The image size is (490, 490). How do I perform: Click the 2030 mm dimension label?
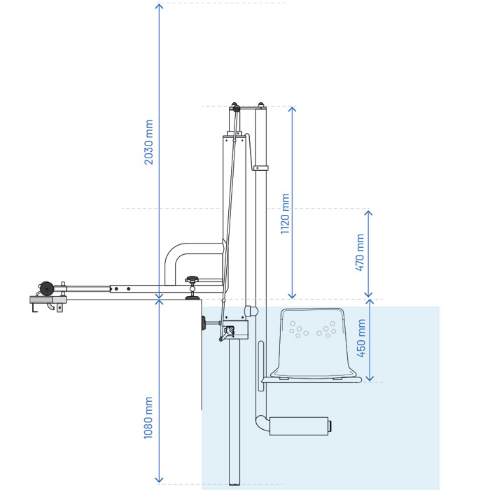[x=148, y=142]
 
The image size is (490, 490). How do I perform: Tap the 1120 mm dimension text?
[x=285, y=213]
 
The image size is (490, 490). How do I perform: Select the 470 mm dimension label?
[x=360, y=253]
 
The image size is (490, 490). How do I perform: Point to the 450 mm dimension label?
[x=361, y=338]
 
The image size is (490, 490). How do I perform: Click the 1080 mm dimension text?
[x=148, y=418]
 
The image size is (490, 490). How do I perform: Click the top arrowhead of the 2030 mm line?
[x=160, y=6]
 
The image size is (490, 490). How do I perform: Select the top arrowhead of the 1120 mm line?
[x=292, y=109]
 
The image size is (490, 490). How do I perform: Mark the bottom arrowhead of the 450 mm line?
[x=370, y=378]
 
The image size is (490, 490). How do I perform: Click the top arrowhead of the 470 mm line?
[x=369, y=213]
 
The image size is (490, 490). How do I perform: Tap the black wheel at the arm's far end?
[x=47, y=288]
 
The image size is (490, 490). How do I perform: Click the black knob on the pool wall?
[x=204, y=323]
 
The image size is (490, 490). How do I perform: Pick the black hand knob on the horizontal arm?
[x=192, y=279]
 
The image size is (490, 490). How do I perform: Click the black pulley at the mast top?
[x=237, y=108]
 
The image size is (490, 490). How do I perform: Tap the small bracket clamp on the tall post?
[x=260, y=168]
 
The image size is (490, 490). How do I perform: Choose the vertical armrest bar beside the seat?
[x=261, y=366]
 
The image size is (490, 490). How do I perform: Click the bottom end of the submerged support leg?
[x=234, y=484]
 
